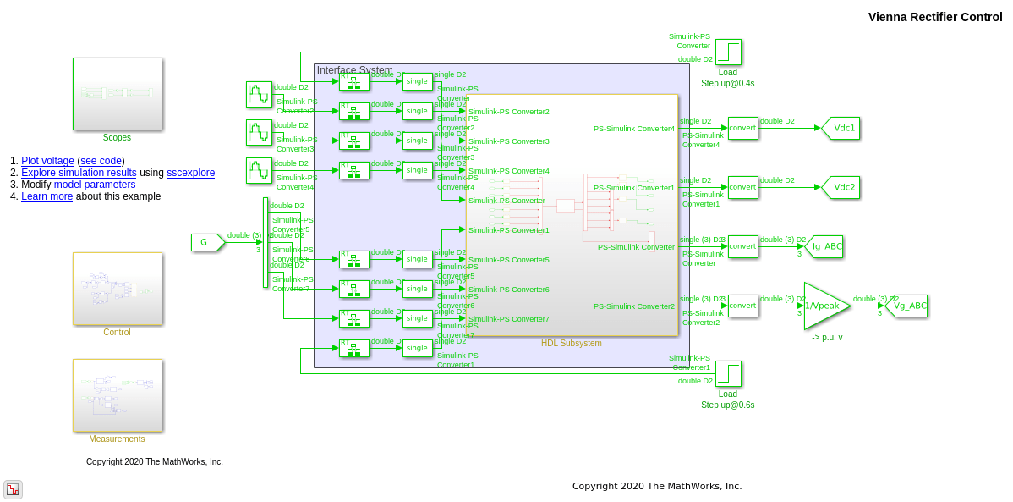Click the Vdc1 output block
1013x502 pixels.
841,128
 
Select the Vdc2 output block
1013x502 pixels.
841,187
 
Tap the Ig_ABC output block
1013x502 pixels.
824,246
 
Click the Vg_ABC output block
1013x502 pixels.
902,306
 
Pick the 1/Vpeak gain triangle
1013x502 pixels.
824,306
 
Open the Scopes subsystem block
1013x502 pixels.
117,93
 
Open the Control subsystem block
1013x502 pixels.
117,288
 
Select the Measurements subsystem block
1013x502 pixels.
117,394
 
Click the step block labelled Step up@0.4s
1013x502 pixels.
728,52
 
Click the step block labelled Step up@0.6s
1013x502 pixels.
728,373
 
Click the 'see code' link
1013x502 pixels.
101,161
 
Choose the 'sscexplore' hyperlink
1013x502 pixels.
190,173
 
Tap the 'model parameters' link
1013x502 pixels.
94,185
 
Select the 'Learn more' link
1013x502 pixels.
47,196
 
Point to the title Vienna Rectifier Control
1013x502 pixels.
934,17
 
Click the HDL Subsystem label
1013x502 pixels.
572,343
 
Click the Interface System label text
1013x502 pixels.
354,70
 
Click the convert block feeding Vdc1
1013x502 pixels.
742,128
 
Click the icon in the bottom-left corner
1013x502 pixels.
13,489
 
